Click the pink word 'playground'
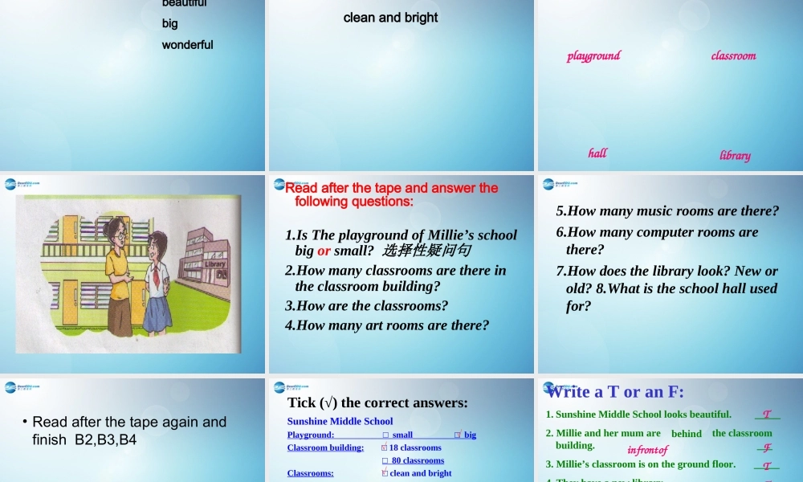pyautogui.click(x=593, y=55)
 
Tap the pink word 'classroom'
pyautogui.click(x=733, y=55)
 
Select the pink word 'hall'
pyautogui.click(x=597, y=153)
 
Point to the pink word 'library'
pyautogui.click(x=735, y=155)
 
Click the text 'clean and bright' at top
pyautogui.click(x=390, y=17)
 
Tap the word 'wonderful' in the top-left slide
pyautogui.click(x=187, y=45)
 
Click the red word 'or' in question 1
pyautogui.click(x=324, y=251)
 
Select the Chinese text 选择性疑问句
pyautogui.click(x=426, y=251)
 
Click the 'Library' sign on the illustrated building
pyautogui.click(x=215, y=263)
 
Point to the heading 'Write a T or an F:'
pyautogui.click(x=615, y=392)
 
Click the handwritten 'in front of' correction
pyautogui.click(x=647, y=450)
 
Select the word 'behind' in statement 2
pyautogui.click(x=687, y=434)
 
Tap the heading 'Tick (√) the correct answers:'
pyautogui.click(x=377, y=402)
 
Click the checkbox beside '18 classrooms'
pyautogui.click(x=385, y=447)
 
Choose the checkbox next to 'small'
pyautogui.click(x=385, y=435)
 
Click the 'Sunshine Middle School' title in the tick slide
pyautogui.click(x=340, y=421)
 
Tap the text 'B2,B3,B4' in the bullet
pyautogui.click(x=106, y=439)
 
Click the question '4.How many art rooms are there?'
pyautogui.click(x=386, y=325)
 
